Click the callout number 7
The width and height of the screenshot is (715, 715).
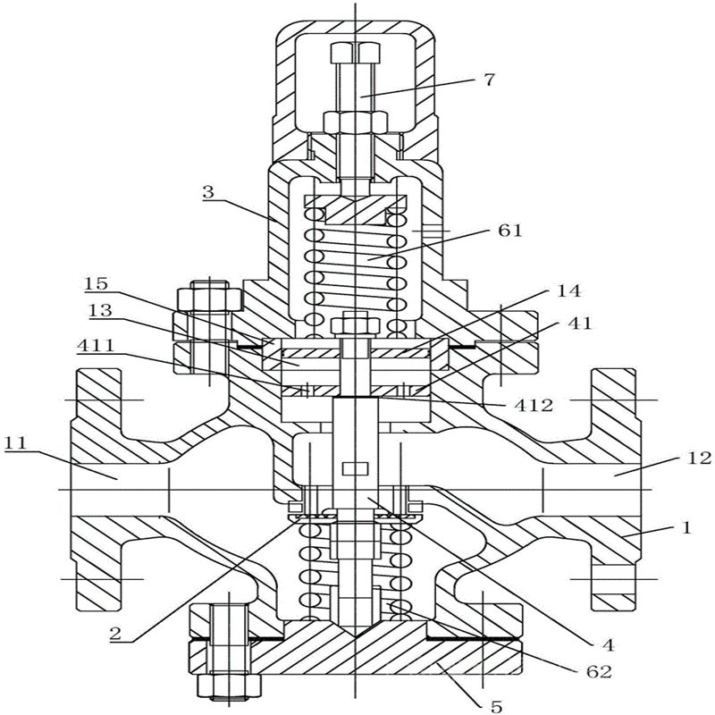tap(488, 80)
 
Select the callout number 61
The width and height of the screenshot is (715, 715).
tap(509, 231)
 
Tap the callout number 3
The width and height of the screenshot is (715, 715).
tap(208, 191)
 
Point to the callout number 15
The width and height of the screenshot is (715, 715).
tap(96, 283)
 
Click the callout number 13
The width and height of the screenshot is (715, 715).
tap(100, 310)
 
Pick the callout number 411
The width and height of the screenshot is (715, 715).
tap(96, 346)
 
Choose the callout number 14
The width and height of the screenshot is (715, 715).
tap(568, 290)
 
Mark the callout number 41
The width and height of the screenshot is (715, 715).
tap(579, 324)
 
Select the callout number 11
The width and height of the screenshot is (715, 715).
tap(16, 443)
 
